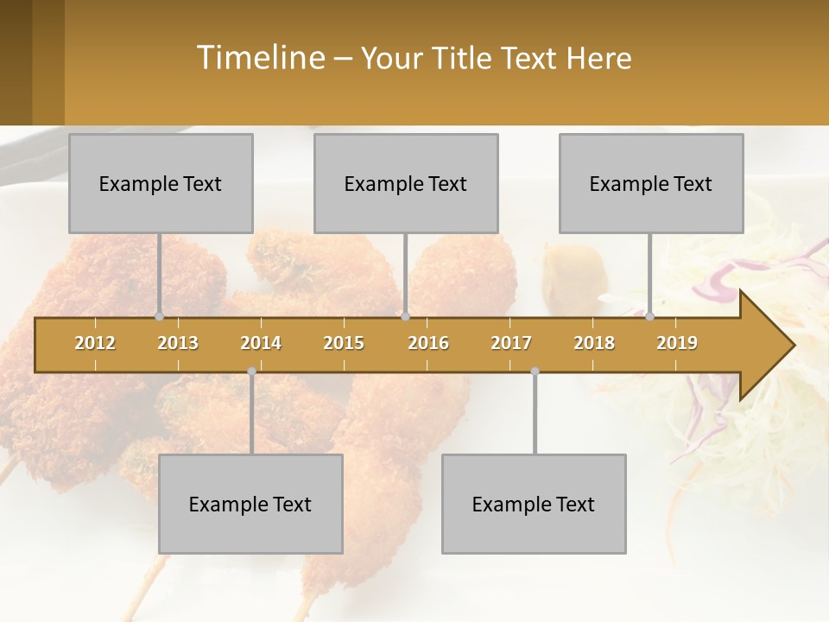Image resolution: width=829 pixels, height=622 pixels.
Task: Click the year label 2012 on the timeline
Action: (95, 343)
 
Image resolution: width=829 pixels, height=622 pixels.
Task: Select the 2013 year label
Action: (178, 343)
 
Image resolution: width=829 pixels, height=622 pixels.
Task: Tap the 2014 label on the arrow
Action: (261, 343)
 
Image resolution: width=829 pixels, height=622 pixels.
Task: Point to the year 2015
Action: (344, 343)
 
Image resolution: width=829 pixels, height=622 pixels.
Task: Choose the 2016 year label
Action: (428, 343)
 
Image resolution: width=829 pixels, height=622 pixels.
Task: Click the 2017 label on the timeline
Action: (511, 343)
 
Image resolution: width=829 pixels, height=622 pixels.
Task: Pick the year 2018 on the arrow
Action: (594, 343)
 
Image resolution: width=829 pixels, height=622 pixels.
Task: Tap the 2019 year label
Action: (677, 343)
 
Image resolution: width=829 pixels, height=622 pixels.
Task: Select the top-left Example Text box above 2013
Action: (161, 183)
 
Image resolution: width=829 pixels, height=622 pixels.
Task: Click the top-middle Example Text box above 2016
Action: (406, 183)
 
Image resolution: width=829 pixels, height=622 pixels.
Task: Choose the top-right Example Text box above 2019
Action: (651, 183)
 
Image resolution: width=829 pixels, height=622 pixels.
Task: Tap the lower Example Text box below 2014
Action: (250, 504)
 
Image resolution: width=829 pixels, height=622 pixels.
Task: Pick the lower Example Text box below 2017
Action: (534, 504)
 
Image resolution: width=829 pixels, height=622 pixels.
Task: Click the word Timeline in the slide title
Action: (258, 58)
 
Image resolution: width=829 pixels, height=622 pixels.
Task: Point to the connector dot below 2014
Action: (251, 371)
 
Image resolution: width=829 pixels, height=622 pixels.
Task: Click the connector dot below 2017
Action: (535, 371)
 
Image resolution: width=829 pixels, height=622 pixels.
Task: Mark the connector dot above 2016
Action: (405, 317)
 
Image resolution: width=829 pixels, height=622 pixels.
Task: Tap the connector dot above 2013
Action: (159, 317)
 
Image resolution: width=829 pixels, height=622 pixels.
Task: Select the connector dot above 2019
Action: (649, 317)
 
